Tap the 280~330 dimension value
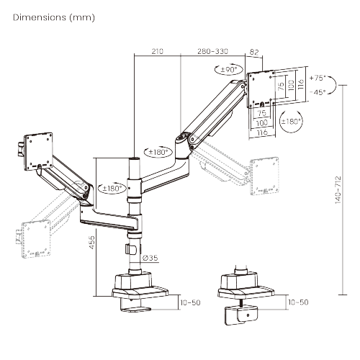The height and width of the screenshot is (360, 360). pos(212,52)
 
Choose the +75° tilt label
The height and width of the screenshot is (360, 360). pos(317,77)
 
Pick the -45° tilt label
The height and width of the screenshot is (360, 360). pos(317,91)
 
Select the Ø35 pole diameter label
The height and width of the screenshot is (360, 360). pos(150,257)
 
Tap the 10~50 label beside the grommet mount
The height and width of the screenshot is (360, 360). pos(297,302)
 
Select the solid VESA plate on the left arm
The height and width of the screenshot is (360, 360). pos(40,148)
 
